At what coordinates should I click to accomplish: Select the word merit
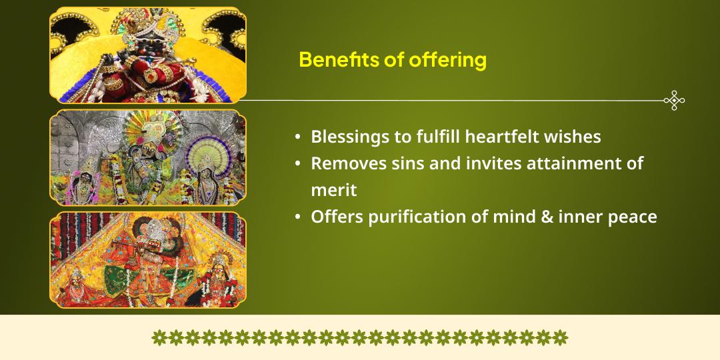click(334, 191)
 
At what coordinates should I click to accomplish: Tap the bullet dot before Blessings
click(297, 137)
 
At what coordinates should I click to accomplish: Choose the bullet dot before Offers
click(297, 217)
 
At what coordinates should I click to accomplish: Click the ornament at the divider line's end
click(675, 101)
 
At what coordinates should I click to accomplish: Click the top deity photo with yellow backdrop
click(148, 55)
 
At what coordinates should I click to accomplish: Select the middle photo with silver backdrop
click(148, 157)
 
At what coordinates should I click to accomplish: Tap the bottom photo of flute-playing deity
click(148, 260)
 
